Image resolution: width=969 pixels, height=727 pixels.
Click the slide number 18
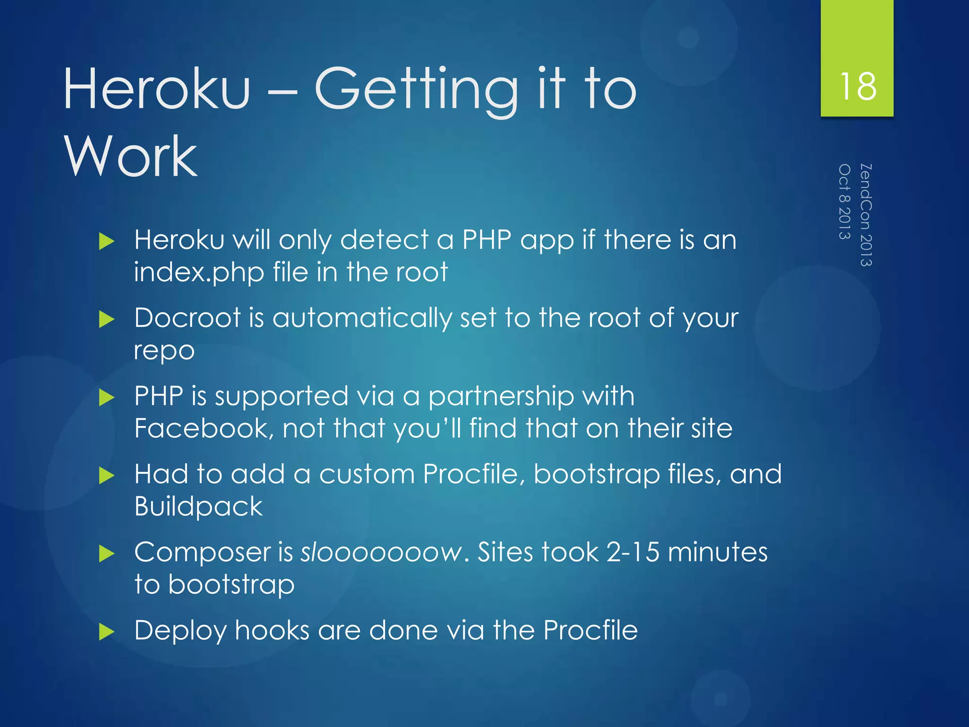click(857, 87)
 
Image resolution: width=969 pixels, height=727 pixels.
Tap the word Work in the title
click(131, 156)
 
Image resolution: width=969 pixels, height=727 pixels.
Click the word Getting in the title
click(416, 90)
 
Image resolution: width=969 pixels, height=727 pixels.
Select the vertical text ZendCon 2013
click(866, 215)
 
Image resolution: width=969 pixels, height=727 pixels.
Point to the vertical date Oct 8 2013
click(845, 202)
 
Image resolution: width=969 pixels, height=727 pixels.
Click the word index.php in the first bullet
click(199, 273)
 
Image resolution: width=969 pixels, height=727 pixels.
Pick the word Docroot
click(188, 318)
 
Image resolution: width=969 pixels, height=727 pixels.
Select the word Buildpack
click(198, 507)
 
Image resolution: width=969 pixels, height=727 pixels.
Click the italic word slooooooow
click(381, 552)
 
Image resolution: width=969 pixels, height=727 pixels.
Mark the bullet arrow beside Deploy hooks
click(107, 632)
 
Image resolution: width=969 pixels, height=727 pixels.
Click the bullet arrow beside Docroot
click(107, 319)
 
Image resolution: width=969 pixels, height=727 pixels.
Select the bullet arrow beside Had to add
click(107, 476)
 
